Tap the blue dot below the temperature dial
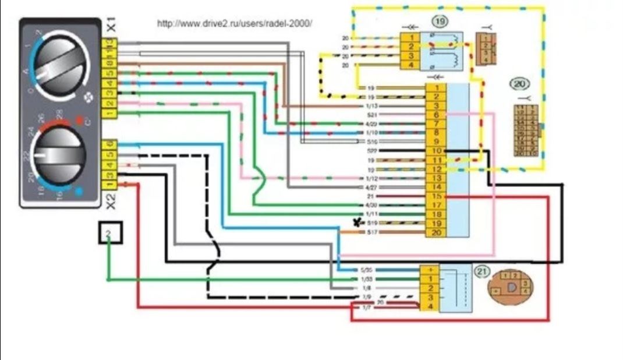(x=80, y=190)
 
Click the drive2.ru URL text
(x=235, y=24)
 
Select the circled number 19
(x=440, y=22)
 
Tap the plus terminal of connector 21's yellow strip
(x=429, y=270)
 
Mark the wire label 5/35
(x=367, y=270)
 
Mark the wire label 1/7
(x=367, y=307)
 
